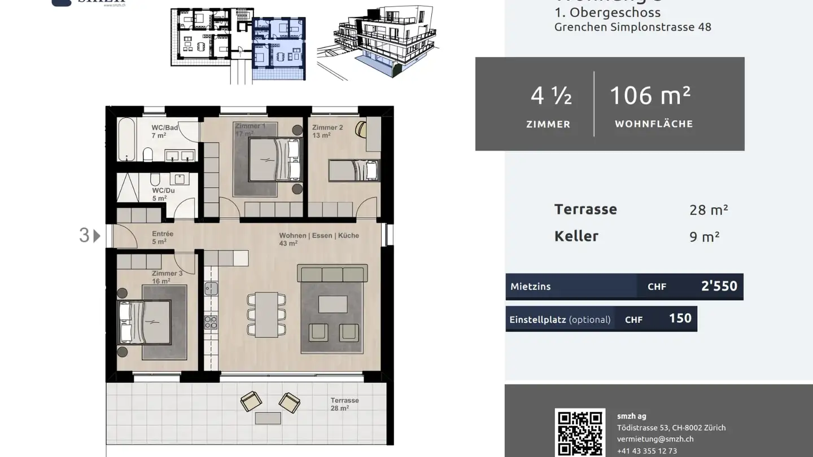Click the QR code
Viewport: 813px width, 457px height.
tap(580, 433)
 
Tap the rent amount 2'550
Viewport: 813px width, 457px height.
tap(719, 286)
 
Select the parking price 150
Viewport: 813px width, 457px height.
tap(680, 318)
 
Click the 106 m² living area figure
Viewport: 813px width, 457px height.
tap(650, 96)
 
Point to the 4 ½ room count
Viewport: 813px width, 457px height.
tap(551, 96)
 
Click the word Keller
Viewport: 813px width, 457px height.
tap(576, 236)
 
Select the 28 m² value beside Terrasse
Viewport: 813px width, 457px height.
tap(709, 210)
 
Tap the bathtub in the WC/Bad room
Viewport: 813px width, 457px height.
tap(127, 139)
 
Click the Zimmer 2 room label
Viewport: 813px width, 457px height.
tap(327, 128)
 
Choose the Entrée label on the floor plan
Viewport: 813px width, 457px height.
tap(163, 234)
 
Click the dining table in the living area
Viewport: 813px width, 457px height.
tap(266, 314)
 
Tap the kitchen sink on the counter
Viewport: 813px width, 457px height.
tap(211, 289)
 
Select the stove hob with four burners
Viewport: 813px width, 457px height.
tap(211, 322)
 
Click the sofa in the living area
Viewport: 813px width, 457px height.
tap(332, 275)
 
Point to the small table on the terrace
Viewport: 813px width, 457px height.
tap(268, 418)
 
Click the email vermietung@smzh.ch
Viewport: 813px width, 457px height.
tap(655, 439)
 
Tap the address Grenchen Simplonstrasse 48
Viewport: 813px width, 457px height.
tap(632, 27)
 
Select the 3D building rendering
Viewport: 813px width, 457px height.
tap(377, 42)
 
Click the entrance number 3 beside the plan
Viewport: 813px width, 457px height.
tap(84, 235)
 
